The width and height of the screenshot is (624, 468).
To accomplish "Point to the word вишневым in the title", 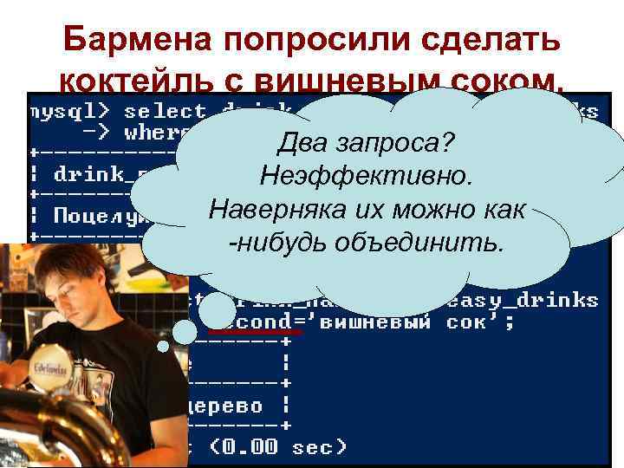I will (x=341, y=82).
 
